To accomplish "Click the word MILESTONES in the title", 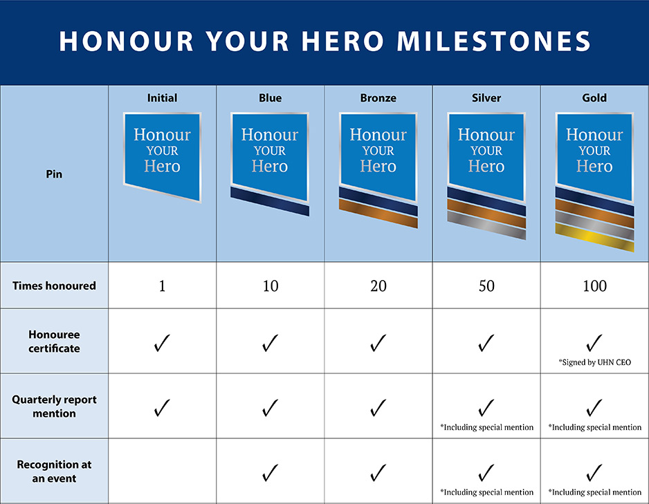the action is pos(493,41).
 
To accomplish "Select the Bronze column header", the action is pos(378,98).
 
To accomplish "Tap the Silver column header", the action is pos(486,98).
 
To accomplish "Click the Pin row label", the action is pos(54,174).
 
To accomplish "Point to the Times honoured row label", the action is pos(54,286).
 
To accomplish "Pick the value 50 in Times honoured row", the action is pos(486,286).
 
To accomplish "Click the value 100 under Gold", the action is pos(594,286).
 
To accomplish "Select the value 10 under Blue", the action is pos(271,286).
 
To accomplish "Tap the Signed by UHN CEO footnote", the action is pos(595,362).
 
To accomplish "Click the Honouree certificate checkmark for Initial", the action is pos(162,343).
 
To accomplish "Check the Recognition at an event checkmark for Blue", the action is pos(270,473).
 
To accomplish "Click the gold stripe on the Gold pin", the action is pos(594,237).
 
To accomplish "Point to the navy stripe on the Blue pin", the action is pos(270,201).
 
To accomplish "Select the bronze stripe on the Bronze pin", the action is pos(378,214).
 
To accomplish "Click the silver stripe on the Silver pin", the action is pos(486,225).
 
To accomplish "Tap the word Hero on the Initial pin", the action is pos(162,166).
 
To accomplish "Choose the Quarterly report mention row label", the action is pos(54,407).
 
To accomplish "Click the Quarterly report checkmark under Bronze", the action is pos(378,408).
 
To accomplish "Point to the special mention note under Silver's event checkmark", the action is pos(487,492).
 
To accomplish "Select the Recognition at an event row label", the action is pos(54,472).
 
